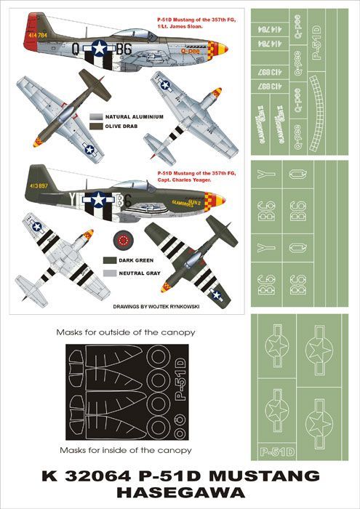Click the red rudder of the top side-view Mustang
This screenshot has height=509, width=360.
(31, 44)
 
